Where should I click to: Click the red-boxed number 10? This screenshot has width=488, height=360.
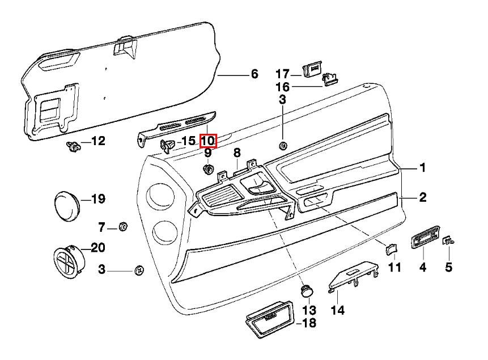click(208, 140)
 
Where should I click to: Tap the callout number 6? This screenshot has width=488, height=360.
click(254, 74)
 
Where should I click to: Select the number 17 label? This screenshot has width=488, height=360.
click(282, 74)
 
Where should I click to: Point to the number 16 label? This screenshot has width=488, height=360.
click(282, 87)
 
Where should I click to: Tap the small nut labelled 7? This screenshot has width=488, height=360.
click(122, 227)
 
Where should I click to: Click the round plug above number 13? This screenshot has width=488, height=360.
click(307, 290)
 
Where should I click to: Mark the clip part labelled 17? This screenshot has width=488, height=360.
click(312, 70)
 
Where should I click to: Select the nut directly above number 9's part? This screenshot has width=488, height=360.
click(208, 169)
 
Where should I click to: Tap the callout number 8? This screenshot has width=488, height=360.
click(237, 153)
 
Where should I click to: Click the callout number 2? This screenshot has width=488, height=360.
click(422, 198)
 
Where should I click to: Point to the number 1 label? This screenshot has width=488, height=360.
click(422, 168)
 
